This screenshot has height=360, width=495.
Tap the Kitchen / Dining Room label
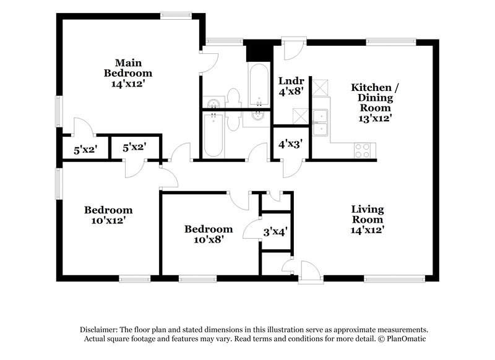(x=375, y=101)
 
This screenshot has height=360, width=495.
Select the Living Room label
(x=368, y=219)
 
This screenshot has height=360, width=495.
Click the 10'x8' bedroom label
(x=209, y=233)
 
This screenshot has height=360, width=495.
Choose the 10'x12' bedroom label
(x=108, y=215)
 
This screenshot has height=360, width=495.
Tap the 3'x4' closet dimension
(x=275, y=232)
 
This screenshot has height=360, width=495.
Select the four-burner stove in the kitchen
(x=362, y=150)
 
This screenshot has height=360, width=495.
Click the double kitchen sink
(x=320, y=123)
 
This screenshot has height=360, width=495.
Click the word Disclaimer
(x=99, y=330)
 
